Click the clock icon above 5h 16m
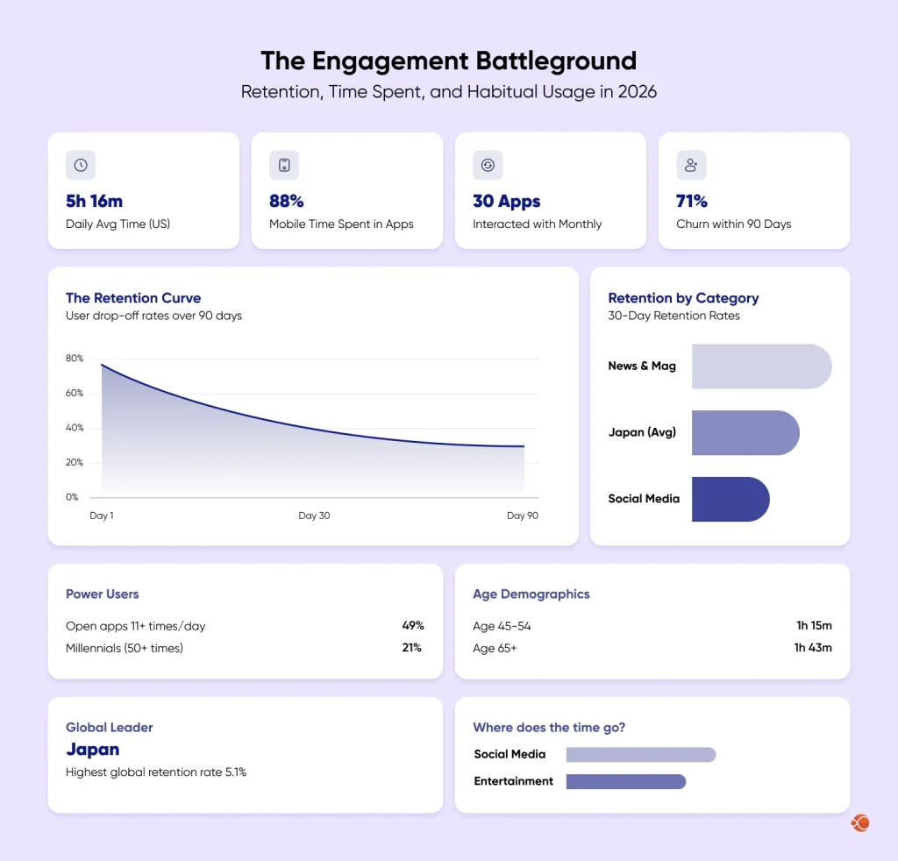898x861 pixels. point(81,165)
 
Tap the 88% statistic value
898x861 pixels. point(286,201)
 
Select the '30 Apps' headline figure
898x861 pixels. point(506,201)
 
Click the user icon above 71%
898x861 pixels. point(691,165)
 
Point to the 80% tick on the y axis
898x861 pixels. point(75,359)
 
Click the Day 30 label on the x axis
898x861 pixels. point(314,516)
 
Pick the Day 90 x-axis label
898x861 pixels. point(522,516)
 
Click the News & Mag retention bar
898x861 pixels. point(760,366)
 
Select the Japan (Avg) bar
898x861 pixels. point(745,432)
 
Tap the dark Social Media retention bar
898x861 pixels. point(730,499)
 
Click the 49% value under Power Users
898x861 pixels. point(412,626)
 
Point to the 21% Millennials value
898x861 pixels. point(411,648)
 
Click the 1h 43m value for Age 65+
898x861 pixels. point(812,648)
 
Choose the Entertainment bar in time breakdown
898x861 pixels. point(625,781)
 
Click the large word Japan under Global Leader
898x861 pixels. point(92,750)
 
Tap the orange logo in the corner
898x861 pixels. point(859,822)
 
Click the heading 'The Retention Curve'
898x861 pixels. point(133,298)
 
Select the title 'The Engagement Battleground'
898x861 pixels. point(448,61)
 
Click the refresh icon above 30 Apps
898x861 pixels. point(488,165)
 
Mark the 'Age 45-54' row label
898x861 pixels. point(502,626)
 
